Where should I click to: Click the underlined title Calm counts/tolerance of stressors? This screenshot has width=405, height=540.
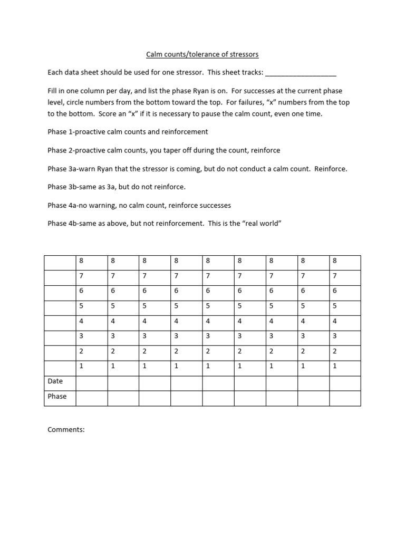coord(202,54)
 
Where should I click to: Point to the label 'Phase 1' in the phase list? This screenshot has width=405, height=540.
coord(62,132)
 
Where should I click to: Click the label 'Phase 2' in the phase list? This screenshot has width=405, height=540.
coord(62,150)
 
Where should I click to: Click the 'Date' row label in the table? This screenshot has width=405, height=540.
coord(55,381)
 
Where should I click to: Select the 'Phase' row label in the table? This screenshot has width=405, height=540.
coord(57,397)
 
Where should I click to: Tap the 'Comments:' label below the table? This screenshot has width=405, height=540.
coord(66,430)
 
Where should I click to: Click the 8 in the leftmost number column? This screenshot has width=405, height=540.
coord(81,261)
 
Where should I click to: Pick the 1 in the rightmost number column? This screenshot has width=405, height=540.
coord(334,366)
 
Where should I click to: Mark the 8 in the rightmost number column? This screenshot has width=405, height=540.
coord(334,261)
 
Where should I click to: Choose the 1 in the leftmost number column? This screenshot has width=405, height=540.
coord(81,366)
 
